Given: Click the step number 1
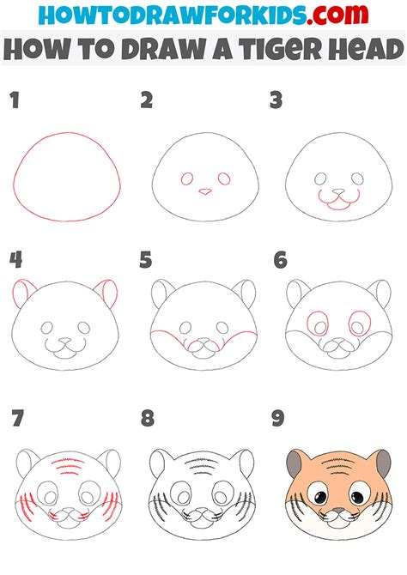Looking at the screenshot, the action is point(15,101).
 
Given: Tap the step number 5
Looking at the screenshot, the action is point(145,260).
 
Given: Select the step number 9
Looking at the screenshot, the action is point(278,418).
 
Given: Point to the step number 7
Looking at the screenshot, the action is point(18,418).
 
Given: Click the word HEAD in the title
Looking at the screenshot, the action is point(366,49).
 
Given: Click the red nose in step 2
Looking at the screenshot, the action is point(205,191).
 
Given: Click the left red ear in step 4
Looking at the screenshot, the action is point(22,292).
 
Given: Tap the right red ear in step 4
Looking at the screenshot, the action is point(107,292).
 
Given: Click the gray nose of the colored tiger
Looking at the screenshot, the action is point(338,511).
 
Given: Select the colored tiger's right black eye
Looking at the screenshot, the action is point(357,497).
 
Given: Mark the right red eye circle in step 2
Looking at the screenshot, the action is point(224,179).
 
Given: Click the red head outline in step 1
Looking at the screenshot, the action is point(67,133).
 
